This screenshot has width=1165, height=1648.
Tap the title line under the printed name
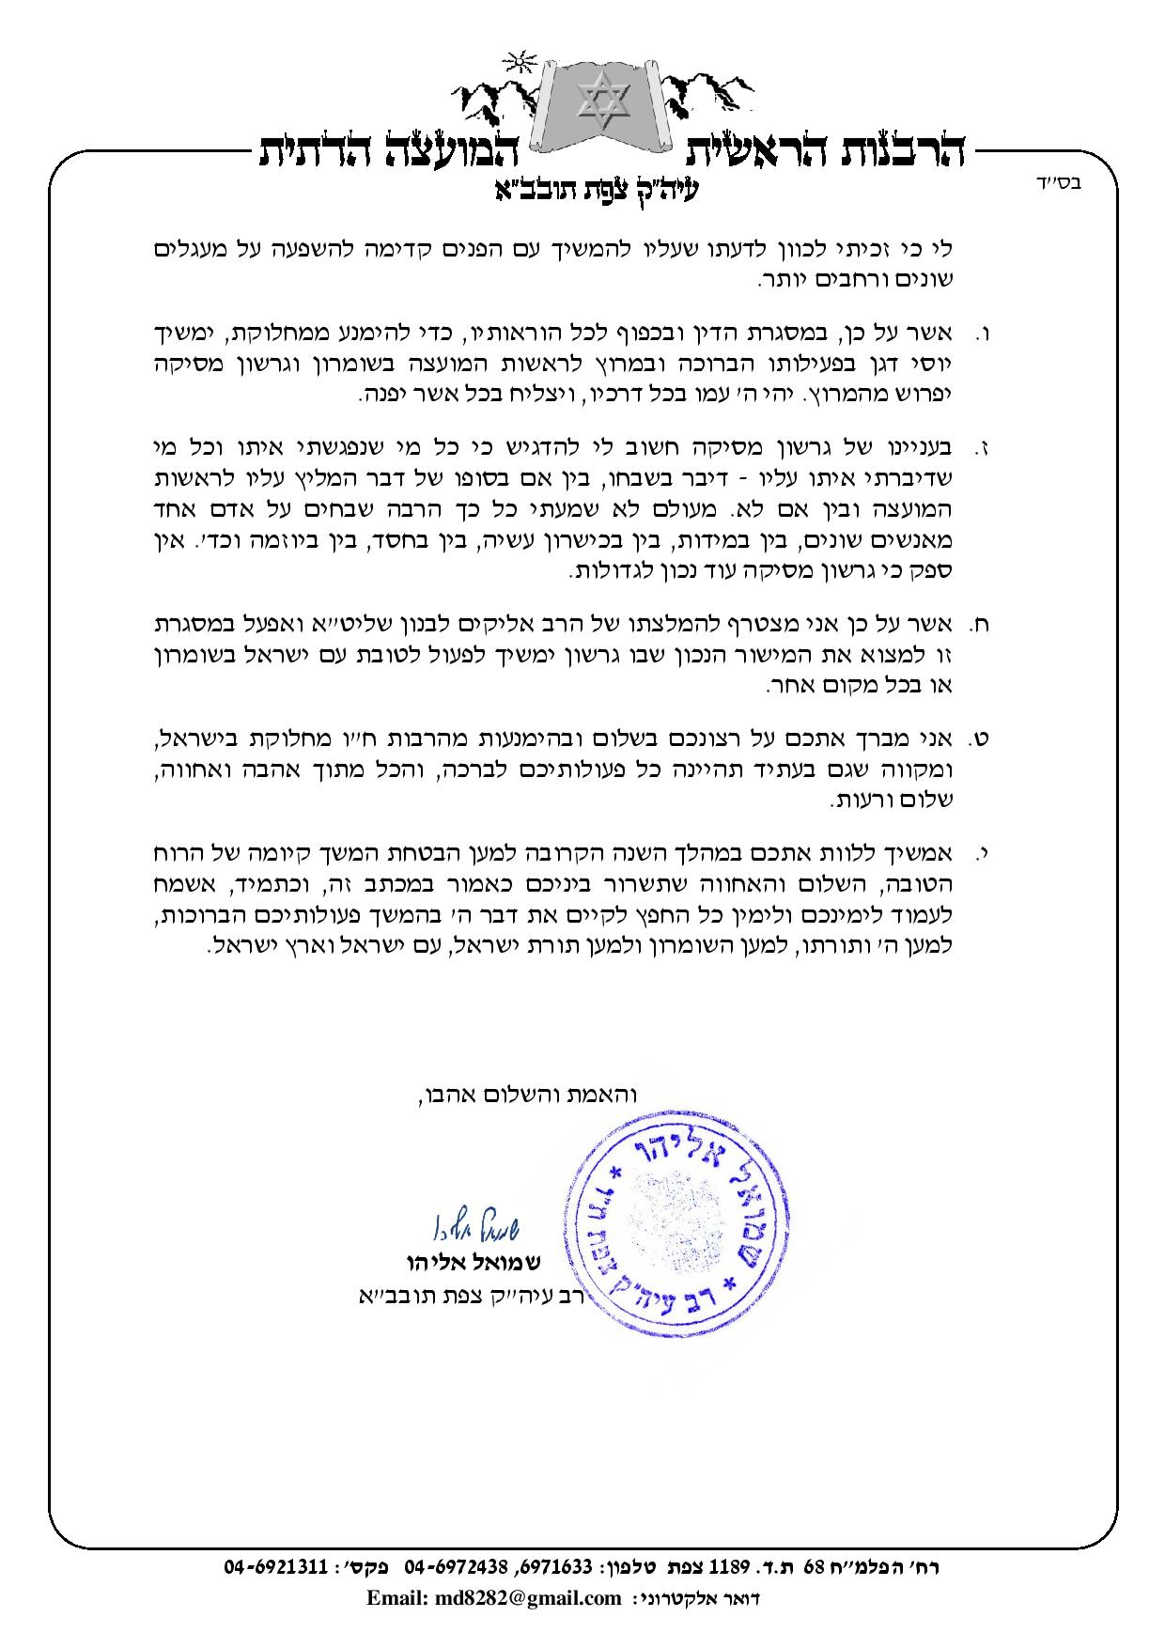[467, 1298]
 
